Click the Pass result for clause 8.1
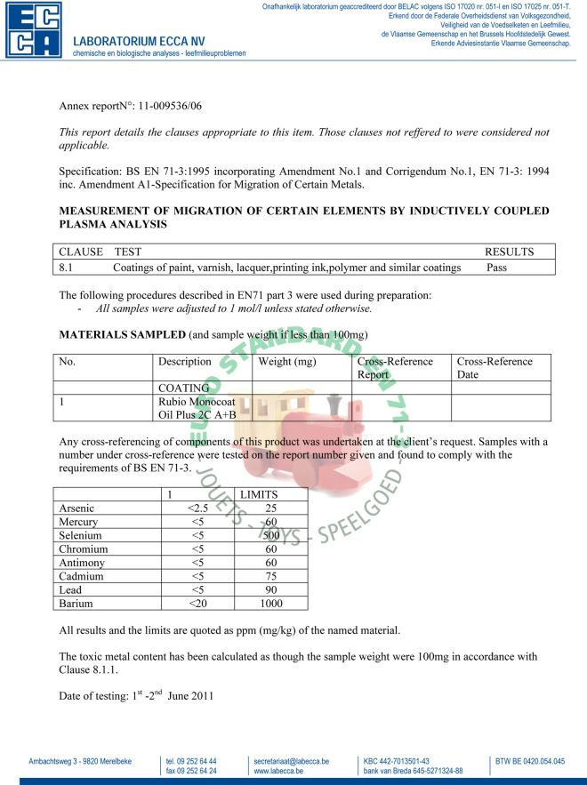pyautogui.click(x=497, y=267)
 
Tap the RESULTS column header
pyautogui.click(x=509, y=252)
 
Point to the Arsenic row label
pyautogui.click(x=76, y=508)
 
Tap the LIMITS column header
pyautogui.click(x=263, y=493)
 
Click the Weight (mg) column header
pyautogui.click(x=288, y=362)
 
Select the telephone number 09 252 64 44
pyautogui.click(x=192, y=762)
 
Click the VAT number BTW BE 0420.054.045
pyautogui.click(x=530, y=762)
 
